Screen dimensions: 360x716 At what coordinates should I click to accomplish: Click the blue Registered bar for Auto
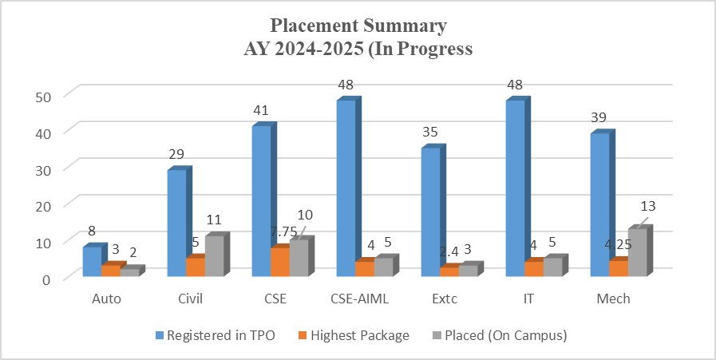click(92, 261)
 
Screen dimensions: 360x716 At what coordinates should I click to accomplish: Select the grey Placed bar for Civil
click(215, 255)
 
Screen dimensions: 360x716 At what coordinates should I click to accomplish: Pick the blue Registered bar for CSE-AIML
click(346, 188)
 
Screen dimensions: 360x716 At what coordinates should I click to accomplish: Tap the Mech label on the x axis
click(613, 299)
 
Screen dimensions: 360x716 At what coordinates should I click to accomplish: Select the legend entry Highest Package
click(358, 335)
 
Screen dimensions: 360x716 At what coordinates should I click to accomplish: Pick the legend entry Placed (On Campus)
click(508, 335)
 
